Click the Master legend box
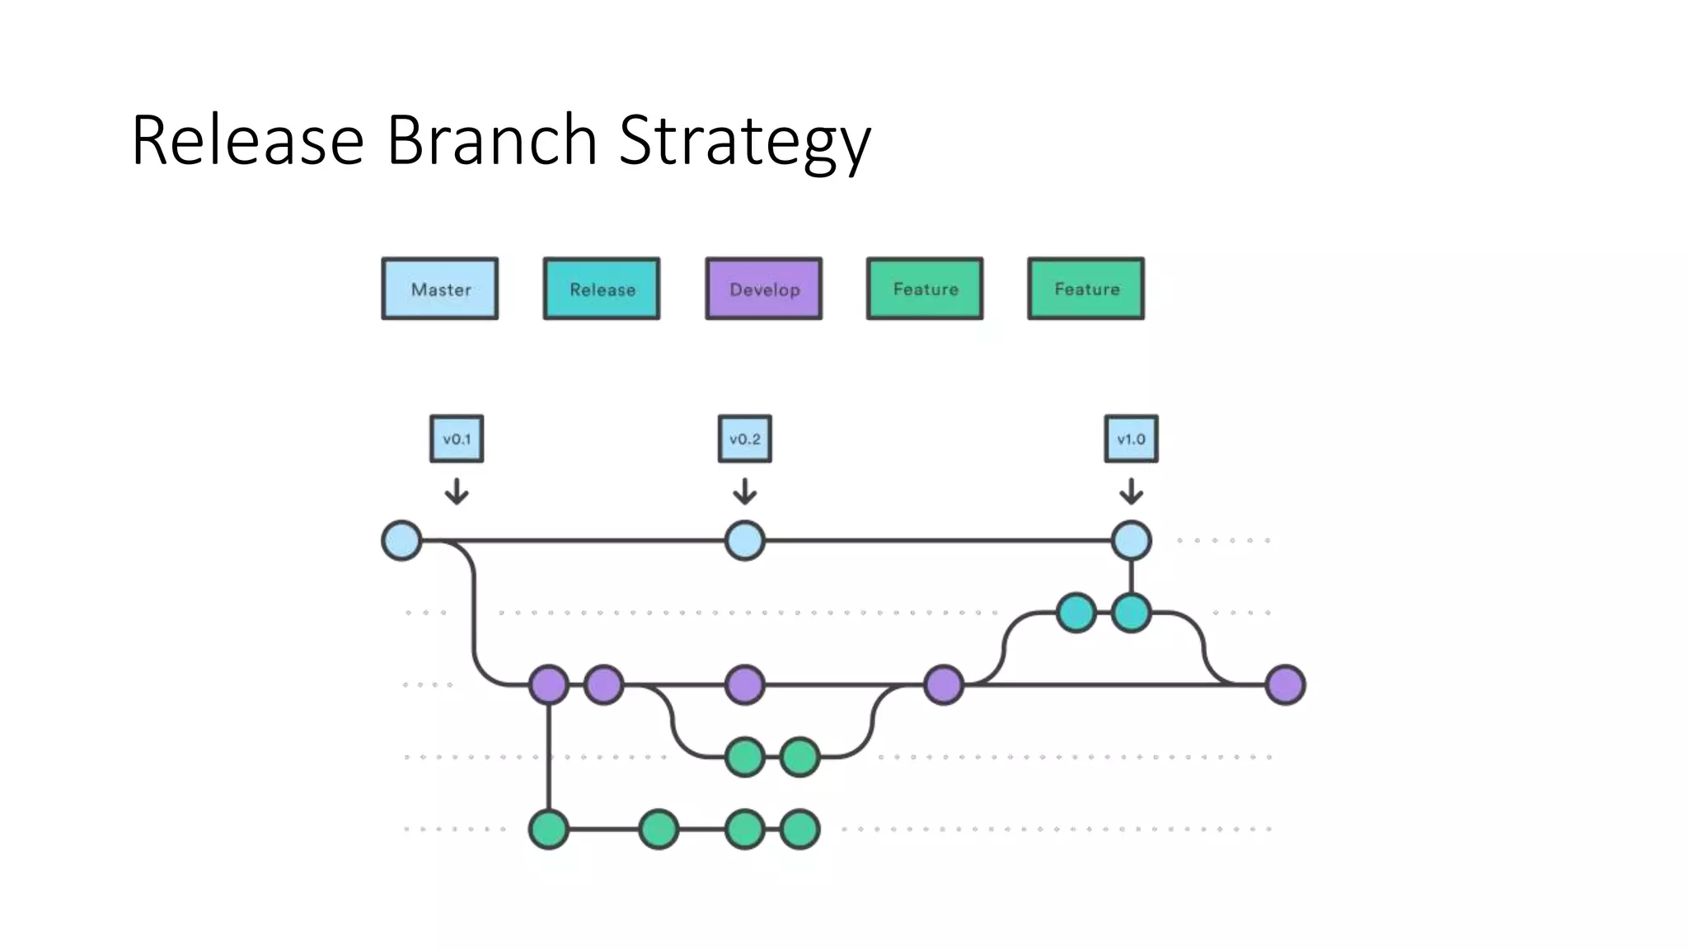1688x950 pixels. [x=440, y=289]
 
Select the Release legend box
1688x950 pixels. [x=602, y=289]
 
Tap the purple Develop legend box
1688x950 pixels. [x=764, y=289]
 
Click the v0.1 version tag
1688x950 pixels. [x=457, y=439]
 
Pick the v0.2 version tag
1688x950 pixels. [x=745, y=439]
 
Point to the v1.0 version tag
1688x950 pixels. [x=1131, y=439]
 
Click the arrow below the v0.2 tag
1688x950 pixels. [x=745, y=491]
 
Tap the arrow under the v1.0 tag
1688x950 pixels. [x=1131, y=491]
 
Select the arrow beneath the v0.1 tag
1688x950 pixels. [x=457, y=491]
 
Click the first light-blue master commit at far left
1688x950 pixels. [x=402, y=541]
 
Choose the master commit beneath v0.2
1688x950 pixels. [x=745, y=541]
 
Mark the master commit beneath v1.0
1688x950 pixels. [x=1131, y=541]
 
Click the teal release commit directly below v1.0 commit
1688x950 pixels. [x=1131, y=613]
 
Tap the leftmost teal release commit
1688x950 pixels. [x=1076, y=613]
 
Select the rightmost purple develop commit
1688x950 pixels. [x=1285, y=684]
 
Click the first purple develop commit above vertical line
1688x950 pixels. [x=549, y=684]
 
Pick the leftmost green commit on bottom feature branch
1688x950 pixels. [x=549, y=829]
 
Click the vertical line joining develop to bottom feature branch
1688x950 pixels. [x=549, y=757]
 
